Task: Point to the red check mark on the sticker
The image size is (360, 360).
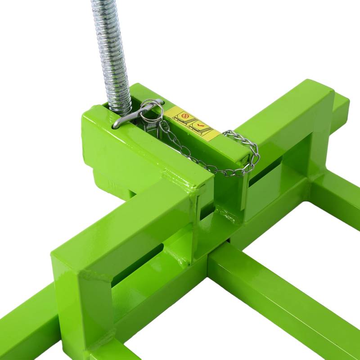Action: pos(198,123)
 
